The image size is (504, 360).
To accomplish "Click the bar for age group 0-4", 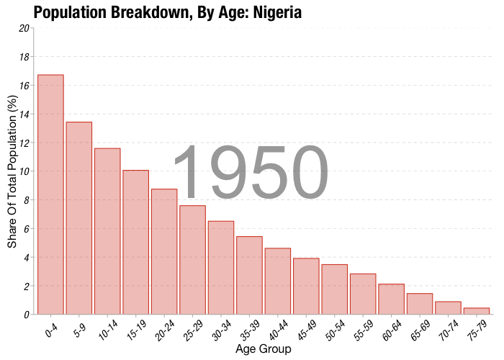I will tap(50, 194).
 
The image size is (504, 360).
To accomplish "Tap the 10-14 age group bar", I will tap(107, 231).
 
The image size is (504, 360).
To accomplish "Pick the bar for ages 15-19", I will tap(135, 242).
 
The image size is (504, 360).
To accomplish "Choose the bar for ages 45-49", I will tap(306, 287).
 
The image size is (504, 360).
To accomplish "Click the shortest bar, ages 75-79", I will tap(477, 311).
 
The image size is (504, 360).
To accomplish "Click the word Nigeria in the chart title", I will tap(277, 12).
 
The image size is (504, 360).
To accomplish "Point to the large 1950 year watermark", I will tap(251, 174).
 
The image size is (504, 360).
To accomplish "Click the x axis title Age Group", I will tap(264, 349).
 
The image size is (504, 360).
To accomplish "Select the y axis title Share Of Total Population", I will tap(12, 171).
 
